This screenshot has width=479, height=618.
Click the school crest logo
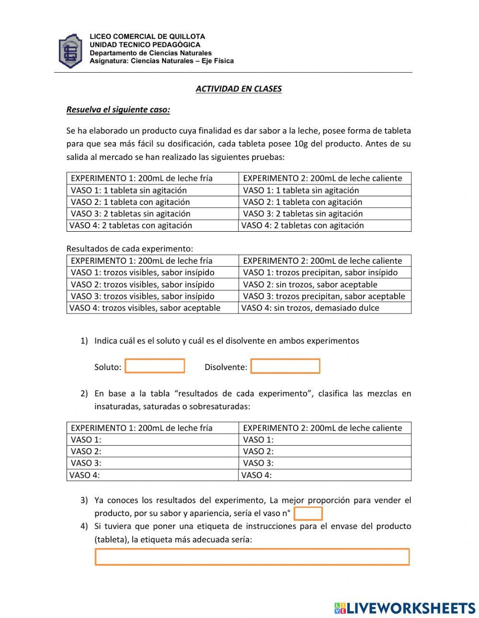70,50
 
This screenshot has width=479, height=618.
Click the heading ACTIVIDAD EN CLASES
239,89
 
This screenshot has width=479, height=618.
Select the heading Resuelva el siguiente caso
118,110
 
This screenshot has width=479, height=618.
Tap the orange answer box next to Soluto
155,366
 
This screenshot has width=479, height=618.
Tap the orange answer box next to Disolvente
285,366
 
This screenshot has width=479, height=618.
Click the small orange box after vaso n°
308,514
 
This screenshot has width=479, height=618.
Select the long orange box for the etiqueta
252,557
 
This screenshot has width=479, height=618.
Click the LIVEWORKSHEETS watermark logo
405,608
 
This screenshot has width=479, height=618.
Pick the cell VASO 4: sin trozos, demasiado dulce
325,308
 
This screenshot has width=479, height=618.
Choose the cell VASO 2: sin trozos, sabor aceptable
325,284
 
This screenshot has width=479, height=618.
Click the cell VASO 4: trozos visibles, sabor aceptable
152,308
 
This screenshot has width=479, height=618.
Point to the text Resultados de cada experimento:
129,248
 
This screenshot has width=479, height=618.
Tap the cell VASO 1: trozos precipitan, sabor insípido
325,272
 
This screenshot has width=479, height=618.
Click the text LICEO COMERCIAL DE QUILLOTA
147,36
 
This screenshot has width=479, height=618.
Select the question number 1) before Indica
84,341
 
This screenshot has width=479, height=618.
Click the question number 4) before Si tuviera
84,526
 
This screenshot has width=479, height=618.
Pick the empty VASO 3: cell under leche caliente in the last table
325,463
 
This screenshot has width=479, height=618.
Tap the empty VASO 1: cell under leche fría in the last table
152,439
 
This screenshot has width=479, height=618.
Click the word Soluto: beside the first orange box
108,367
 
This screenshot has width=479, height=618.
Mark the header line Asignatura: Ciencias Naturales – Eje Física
161,61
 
